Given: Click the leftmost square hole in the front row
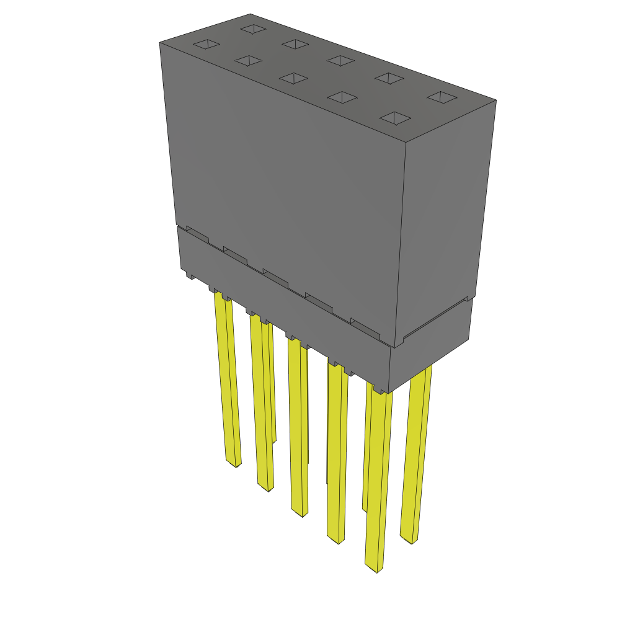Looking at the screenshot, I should point(206,45).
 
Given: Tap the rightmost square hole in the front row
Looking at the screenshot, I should point(395,118).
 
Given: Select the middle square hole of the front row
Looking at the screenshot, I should point(293,78).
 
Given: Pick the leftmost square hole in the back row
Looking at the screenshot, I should point(252,29).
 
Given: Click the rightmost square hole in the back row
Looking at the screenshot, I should point(442,97).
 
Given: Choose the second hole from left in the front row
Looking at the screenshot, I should point(247,61).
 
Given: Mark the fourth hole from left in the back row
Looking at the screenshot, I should point(390,78).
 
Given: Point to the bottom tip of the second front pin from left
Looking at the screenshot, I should point(267,489).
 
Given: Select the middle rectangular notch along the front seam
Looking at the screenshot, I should point(275,278).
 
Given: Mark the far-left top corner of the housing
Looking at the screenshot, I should point(159,42).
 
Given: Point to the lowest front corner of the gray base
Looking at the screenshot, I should point(388,393).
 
